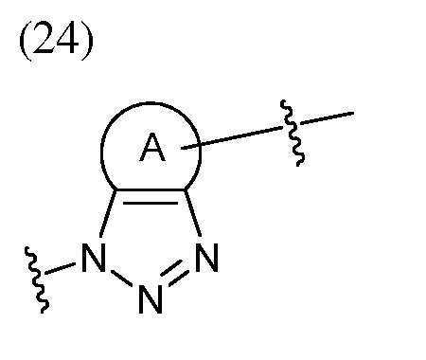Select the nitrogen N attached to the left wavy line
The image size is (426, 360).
click(x=93, y=258)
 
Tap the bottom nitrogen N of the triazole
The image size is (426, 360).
click(x=150, y=301)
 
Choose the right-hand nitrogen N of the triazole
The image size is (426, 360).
click(x=207, y=258)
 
